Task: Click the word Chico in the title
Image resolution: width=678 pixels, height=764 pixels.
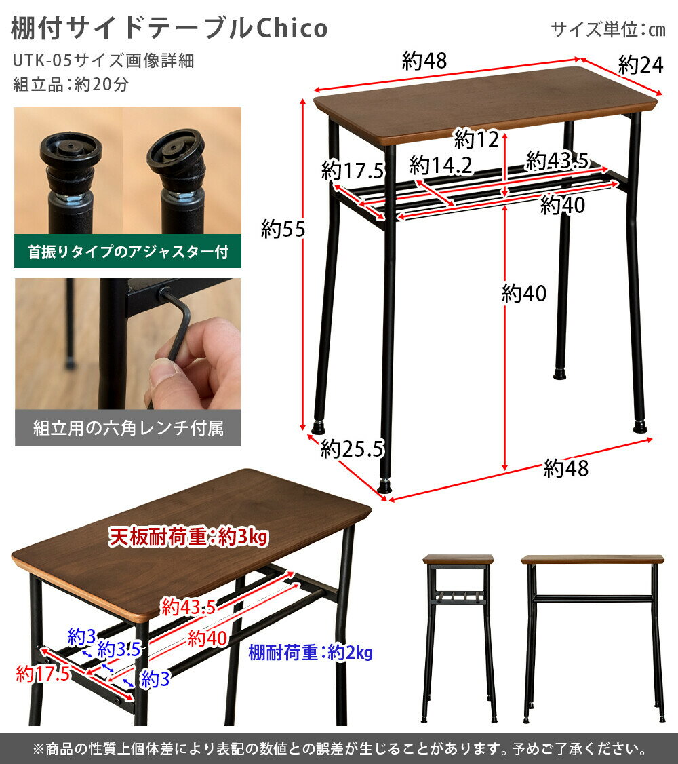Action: click(x=292, y=28)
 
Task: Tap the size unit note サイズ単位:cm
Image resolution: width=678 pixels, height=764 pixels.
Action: click(x=608, y=29)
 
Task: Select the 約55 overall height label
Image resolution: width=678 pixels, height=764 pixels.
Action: click(x=283, y=230)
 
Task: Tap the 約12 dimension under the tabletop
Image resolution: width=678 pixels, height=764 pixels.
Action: click(x=476, y=140)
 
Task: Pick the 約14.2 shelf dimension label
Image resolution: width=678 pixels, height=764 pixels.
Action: click(x=439, y=165)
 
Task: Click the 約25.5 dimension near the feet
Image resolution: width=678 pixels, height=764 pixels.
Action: click(x=353, y=448)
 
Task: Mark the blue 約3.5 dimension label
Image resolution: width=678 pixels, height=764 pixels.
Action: click(x=119, y=649)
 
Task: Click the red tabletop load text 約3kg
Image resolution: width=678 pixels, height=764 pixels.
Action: click(x=237, y=537)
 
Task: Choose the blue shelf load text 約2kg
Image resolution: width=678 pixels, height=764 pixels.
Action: click(x=350, y=653)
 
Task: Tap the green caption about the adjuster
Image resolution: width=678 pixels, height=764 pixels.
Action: click(x=127, y=252)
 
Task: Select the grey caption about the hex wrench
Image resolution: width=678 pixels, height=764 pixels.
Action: click(x=127, y=429)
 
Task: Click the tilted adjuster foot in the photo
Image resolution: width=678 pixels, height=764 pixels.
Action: click(x=175, y=153)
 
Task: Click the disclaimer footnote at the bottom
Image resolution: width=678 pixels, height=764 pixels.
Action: click(x=339, y=749)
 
